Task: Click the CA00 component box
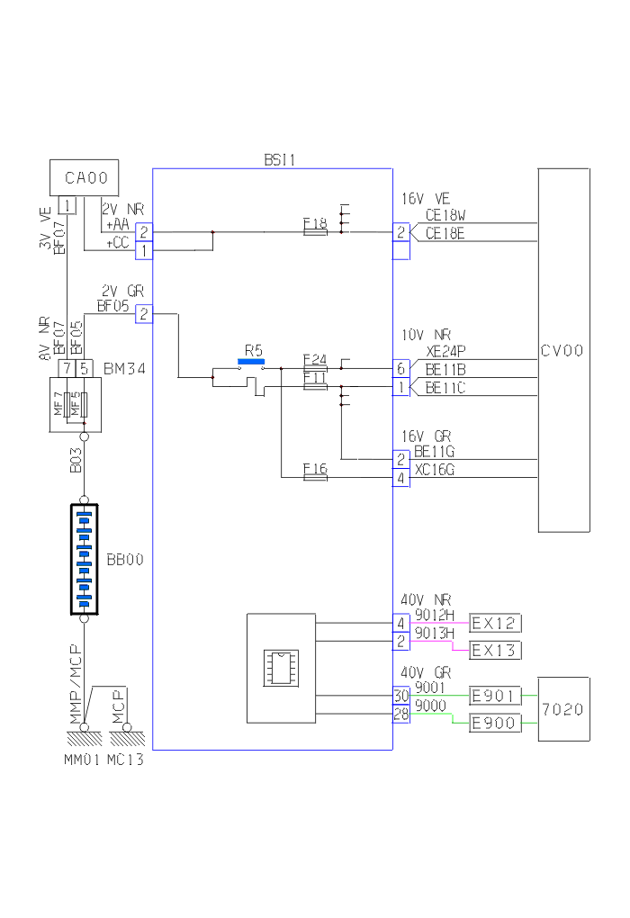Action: coord(85,177)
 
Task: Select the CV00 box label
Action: coord(563,351)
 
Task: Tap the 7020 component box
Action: coord(563,709)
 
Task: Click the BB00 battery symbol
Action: coord(85,559)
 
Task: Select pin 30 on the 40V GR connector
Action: coord(400,695)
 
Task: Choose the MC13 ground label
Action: coord(125,759)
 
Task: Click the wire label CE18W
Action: coord(445,216)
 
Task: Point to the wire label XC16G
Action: coord(434,470)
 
